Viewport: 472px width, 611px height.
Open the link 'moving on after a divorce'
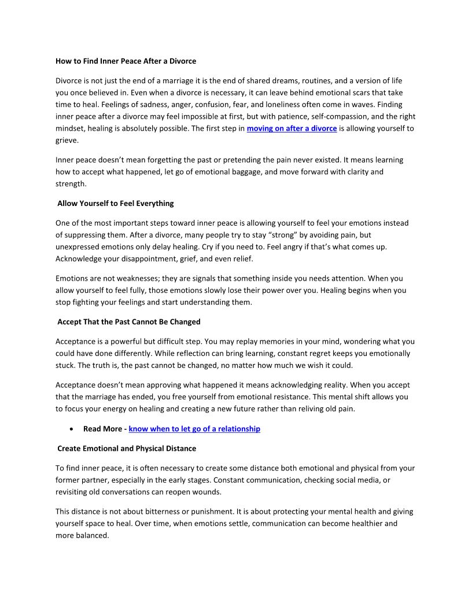(x=292, y=128)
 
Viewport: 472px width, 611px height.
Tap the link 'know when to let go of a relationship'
(x=194, y=429)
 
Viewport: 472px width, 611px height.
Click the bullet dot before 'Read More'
(x=71, y=429)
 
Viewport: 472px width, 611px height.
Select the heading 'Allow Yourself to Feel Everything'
(x=115, y=203)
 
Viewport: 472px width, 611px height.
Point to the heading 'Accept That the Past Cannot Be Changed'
(x=128, y=321)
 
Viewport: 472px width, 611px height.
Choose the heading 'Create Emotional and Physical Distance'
(x=126, y=448)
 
